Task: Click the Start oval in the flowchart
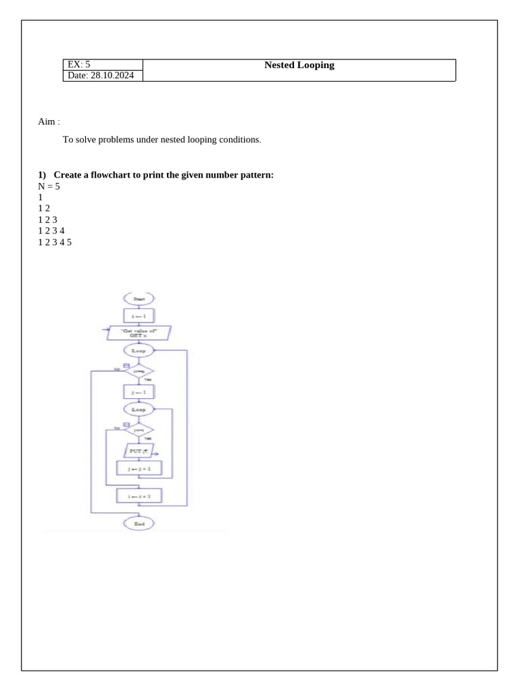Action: (x=139, y=298)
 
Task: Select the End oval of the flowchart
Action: (x=139, y=524)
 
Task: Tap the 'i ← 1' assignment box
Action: (x=139, y=315)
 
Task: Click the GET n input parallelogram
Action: (x=139, y=333)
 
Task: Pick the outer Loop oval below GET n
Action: (x=139, y=350)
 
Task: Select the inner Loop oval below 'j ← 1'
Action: (x=139, y=409)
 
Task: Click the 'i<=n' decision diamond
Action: (x=139, y=370)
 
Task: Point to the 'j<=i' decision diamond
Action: (x=139, y=429)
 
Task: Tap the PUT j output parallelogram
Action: (x=139, y=449)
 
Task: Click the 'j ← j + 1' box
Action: (x=139, y=467)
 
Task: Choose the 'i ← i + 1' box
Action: (x=139, y=496)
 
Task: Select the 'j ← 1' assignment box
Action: (x=139, y=391)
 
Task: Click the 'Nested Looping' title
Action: (x=299, y=65)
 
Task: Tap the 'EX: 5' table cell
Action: (x=78, y=65)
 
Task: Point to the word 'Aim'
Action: (x=46, y=121)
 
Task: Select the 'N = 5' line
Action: (x=49, y=186)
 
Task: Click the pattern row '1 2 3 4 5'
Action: (x=55, y=241)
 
